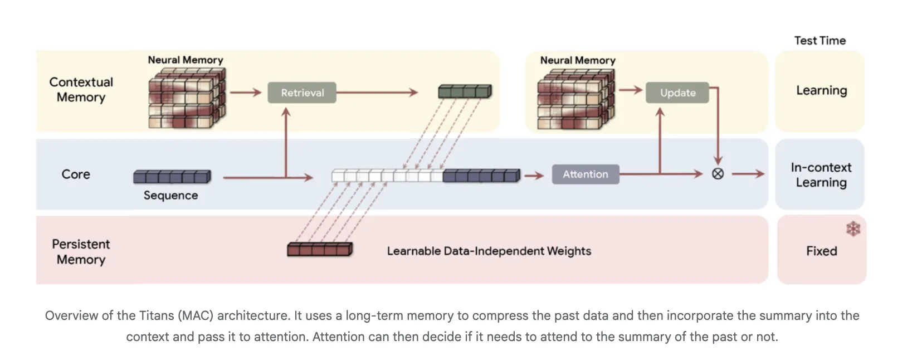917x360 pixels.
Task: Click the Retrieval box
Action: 301,93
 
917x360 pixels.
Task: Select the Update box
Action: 677,93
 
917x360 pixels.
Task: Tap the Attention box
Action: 585,174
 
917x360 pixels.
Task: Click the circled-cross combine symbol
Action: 718,174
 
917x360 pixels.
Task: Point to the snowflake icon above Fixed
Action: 852,228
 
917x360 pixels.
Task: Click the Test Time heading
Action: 820,41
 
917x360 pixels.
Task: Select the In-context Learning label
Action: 821,175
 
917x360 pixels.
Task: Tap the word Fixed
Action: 821,251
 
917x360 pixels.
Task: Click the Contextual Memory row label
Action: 81,90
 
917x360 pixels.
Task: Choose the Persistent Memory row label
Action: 81,252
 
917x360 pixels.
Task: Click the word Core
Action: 76,174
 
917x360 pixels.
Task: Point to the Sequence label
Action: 170,196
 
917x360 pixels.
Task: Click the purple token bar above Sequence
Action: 172,177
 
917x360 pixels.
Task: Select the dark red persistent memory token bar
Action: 320,249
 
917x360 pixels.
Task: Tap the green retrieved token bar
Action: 465,91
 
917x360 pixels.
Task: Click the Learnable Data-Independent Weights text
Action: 489,251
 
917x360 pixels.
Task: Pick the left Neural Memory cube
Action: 187,98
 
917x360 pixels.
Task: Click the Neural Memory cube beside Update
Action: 575,99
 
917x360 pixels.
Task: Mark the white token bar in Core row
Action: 387,176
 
